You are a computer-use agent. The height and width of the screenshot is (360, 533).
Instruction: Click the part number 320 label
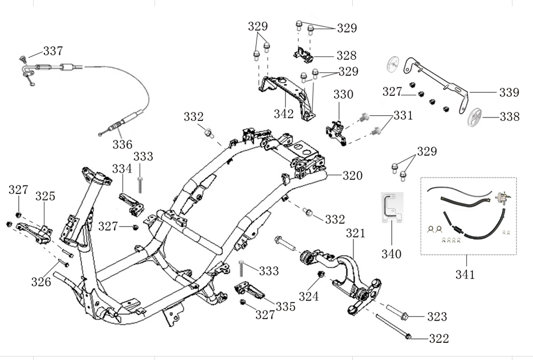click(x=352, y=176)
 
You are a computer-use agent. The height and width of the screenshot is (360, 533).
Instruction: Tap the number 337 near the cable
click(x=53, y=51)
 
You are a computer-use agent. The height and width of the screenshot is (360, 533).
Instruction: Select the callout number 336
click(x=122, y=144)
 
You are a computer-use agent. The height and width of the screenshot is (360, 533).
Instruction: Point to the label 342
click(x=283, y=114)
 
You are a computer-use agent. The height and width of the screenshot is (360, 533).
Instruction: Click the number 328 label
click(x=346, y=55)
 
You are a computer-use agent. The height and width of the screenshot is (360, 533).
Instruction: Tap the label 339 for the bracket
click(x=509, y=92)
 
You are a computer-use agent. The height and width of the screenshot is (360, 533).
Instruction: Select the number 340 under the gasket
click(x=392, y=253)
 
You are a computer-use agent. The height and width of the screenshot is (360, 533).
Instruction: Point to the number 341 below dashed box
click(x=465, y=274)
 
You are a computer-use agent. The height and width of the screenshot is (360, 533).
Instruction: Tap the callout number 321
click(x=356, y=233)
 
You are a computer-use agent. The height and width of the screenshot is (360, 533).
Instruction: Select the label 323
click(x=437, y=317)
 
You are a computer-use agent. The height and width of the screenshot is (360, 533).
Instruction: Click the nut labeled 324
click(x=320, y=275)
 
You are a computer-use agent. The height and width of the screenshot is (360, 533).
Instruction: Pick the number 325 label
click(x=46, y=196)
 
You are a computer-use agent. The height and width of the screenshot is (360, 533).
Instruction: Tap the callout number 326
click(x=41, y=281)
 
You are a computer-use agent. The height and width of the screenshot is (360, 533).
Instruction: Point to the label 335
click(x=286, y=306)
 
